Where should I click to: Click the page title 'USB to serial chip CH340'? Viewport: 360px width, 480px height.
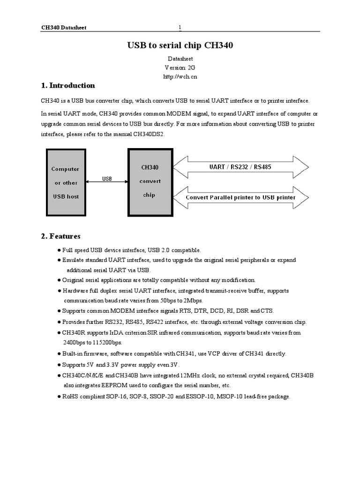point(180,45)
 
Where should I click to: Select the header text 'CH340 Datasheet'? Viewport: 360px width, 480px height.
point(64,28)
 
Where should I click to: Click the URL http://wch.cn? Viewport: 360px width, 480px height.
point(180,76)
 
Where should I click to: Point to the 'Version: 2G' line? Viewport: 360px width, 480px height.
point(180,67)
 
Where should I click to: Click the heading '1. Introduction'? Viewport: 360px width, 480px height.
point(68,85)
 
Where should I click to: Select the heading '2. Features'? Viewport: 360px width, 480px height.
point(60,236)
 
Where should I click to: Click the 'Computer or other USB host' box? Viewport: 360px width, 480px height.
point(65,182)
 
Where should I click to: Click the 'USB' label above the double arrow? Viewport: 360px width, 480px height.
point(107,179)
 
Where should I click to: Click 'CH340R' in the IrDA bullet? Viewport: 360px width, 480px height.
point(73,333)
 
